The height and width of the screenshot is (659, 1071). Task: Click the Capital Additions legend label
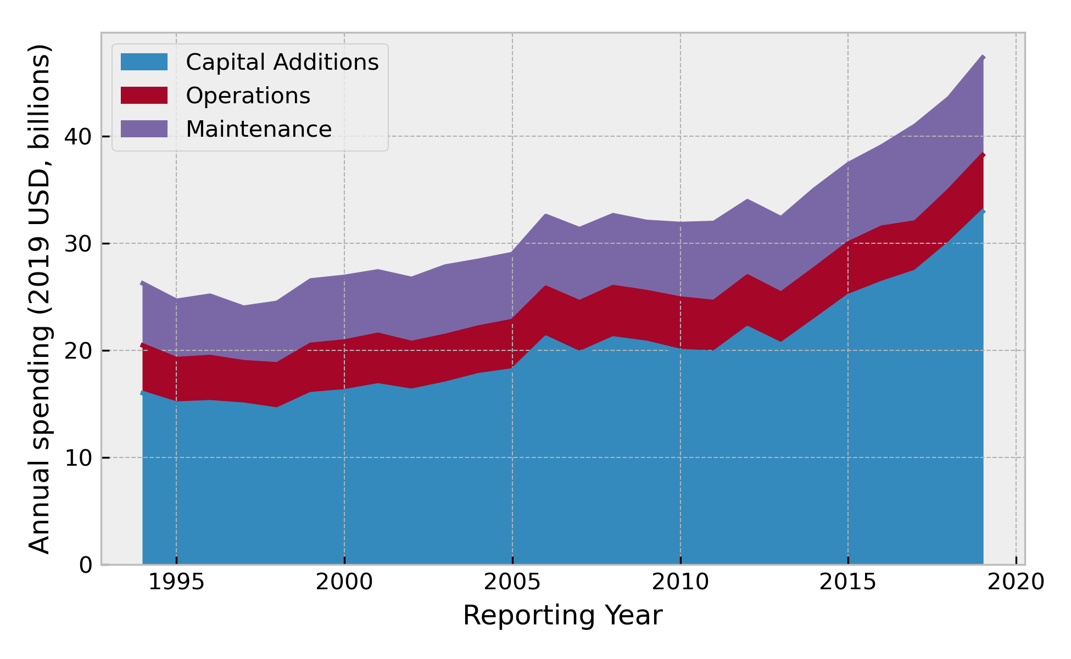coord(282,62)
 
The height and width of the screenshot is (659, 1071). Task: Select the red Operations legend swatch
coord(144,96)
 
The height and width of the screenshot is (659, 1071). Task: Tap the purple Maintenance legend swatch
coord(144,129)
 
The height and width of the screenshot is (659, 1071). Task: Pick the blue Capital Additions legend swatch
coord(144,62)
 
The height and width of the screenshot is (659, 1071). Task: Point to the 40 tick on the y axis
coord(79,136)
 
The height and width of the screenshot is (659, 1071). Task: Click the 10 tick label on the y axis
coord(79,457)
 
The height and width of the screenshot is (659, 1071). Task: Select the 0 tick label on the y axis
coord(86,565)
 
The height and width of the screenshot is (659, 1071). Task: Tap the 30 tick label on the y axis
coord(79,243)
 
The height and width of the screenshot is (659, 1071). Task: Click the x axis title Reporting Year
coord(562,616)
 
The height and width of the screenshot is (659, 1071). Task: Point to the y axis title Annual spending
coord(40,299)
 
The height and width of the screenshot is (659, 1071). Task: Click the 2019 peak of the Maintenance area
coord(983,57)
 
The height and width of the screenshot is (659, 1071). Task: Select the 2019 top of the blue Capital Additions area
coord(983,210)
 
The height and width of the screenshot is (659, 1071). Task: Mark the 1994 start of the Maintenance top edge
coord(142,282)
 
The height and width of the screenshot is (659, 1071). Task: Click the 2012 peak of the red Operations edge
coord(748,274)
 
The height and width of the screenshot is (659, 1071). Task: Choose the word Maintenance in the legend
coord(259,129)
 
